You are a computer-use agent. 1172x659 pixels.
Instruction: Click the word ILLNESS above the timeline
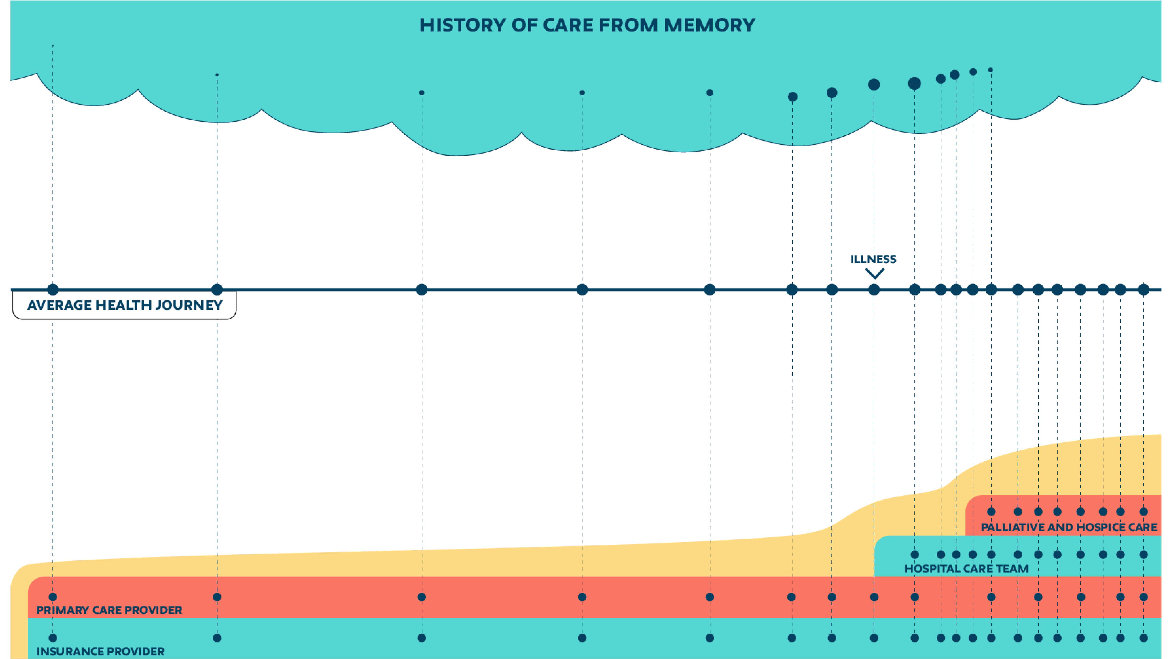pos(873,259)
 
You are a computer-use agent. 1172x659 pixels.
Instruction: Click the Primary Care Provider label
pos(109,610)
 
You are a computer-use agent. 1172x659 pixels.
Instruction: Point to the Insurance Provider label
pos(100,651)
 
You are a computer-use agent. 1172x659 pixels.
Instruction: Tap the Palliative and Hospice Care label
pos(1069,527)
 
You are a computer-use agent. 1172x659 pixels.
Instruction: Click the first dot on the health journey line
pos(53,289)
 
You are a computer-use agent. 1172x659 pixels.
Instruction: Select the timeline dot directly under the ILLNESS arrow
pos(874,289)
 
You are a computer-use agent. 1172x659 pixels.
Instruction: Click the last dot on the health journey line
pos(1143,289)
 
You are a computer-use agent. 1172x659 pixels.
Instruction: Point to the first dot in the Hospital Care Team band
pos(914,554)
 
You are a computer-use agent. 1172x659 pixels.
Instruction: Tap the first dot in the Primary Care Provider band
pos(53,597)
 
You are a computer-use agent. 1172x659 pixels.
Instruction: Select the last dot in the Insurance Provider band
pos(1143,638)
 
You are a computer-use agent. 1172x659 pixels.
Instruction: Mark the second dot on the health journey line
pos(217,289)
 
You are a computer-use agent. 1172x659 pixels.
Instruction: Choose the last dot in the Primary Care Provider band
pos(1143,597)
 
